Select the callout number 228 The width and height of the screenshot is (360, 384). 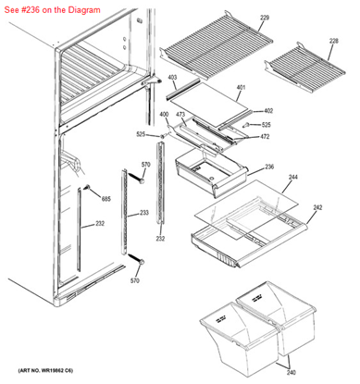pos(334,40)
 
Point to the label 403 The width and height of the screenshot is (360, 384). pos(173,79)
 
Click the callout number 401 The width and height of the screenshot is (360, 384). pos(241,88)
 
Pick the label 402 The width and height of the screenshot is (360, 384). pos(268,110)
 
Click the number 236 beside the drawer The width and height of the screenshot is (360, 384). pos(269,167)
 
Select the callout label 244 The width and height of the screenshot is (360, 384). pos(293,176)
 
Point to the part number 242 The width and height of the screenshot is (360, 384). pos(319,208)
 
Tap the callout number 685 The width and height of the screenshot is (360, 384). pos(106,199)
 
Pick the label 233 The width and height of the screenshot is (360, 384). pos(143,213)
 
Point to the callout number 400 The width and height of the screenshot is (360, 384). pos(165,114)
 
